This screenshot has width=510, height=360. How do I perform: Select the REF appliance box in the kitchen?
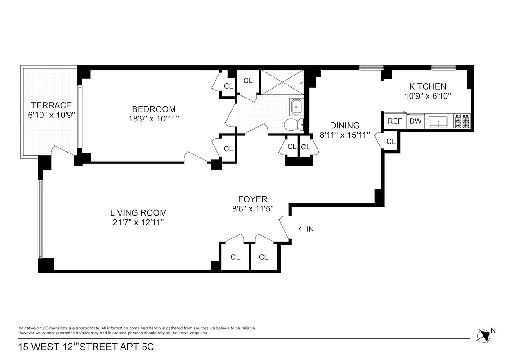pyautogui.click(x=394, y=121)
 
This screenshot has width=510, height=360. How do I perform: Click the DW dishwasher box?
pyautogui.click(x=415, y=121)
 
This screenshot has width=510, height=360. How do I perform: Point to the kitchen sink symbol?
pyautogui.click(x=438, y=121)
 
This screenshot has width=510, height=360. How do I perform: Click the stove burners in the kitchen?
pyautogui.click(x=462, y=121)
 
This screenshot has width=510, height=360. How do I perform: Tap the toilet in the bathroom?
pyautogui.click(x=293, y=124)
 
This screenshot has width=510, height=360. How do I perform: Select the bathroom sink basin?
pyautogui.click(x=297, y=107)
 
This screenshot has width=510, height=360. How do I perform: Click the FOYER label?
pyautogui.click(x=253, y=199)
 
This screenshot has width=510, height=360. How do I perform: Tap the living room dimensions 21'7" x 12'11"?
pyautogui.click(x=138, y=222)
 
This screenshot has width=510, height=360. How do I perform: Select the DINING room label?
pyautogui.click(x=345, y=126)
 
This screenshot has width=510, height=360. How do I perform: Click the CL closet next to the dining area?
pyautogui.click(x=391, y=141)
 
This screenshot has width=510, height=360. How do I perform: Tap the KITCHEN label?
pyautogui.click(x=427, y=86)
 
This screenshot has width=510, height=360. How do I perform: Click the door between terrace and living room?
pyautogui.click(x=63, y=152)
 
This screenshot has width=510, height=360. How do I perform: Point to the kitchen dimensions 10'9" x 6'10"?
pyautogui.click(x=427, y=96)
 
